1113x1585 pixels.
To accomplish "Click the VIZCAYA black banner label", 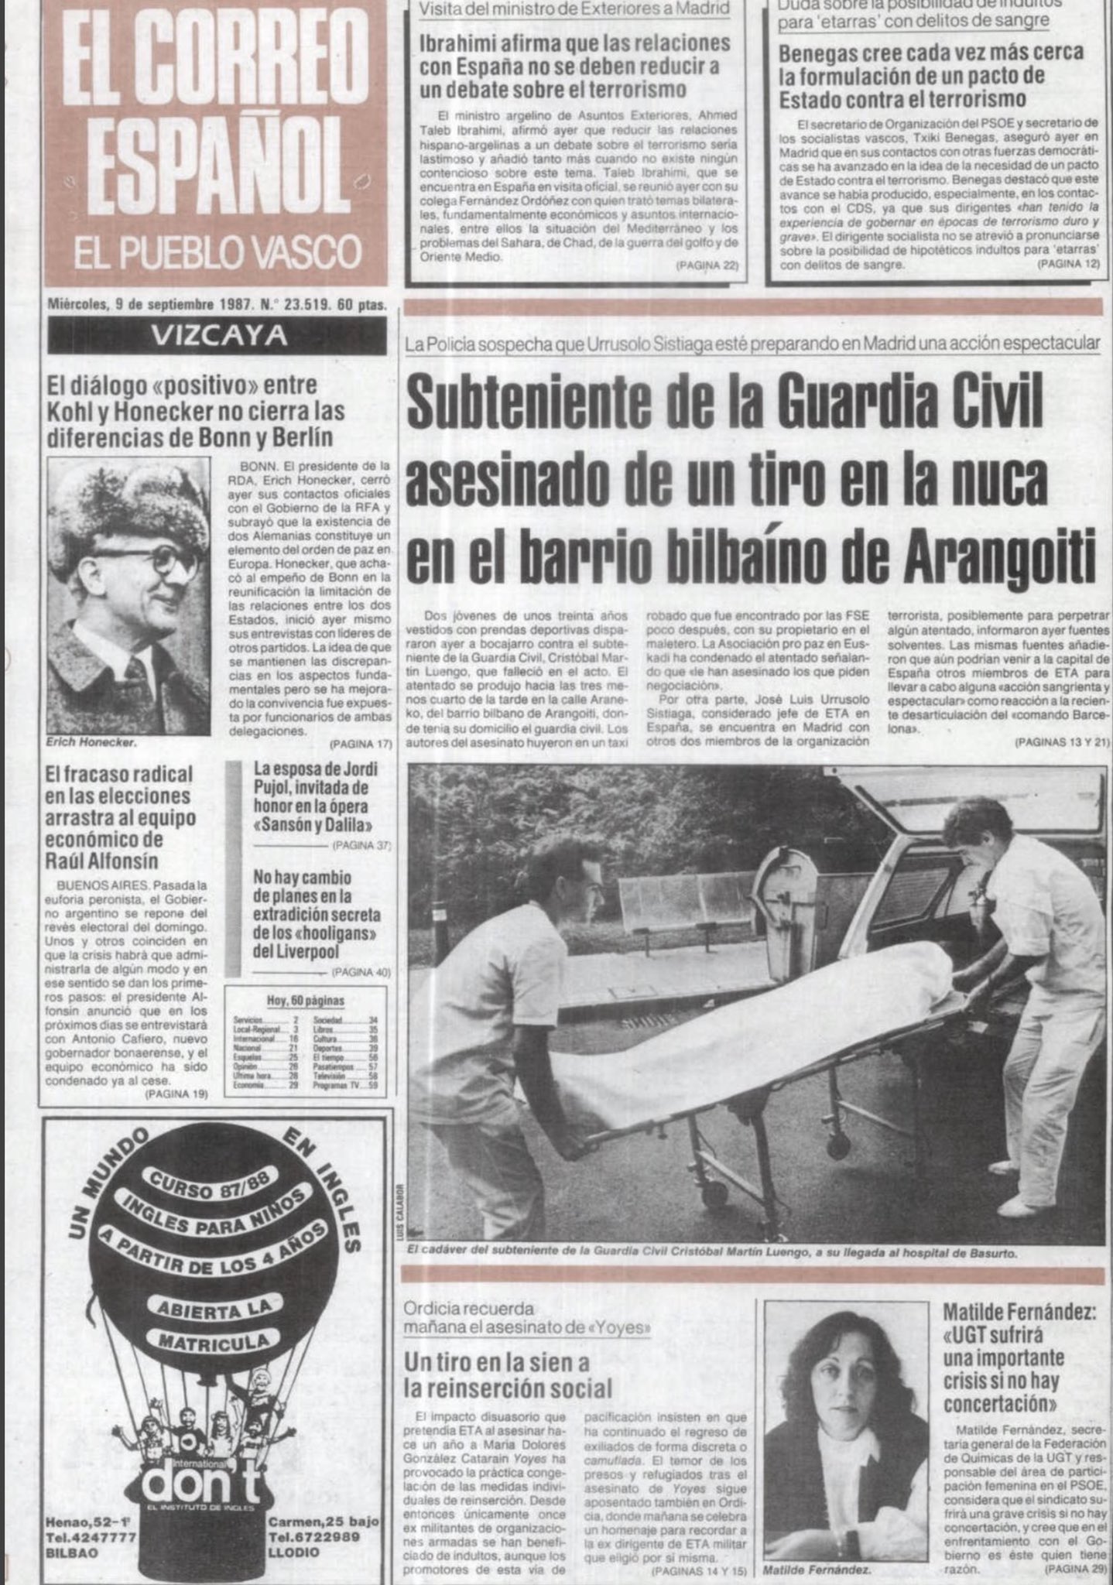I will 217,336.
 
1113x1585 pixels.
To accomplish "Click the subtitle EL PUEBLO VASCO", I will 217,254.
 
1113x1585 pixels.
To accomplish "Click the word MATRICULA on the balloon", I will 214,1340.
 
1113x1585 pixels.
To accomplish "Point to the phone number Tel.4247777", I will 92,1536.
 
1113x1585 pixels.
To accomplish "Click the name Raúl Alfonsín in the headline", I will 101,861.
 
